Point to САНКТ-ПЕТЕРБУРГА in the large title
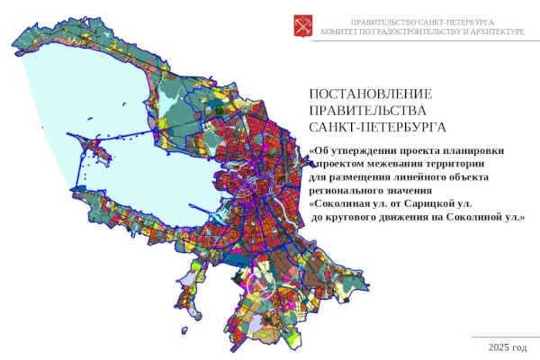click(x=377, y=127)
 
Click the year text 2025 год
click(x=507, y=346)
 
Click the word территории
click(x=455, y=164)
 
